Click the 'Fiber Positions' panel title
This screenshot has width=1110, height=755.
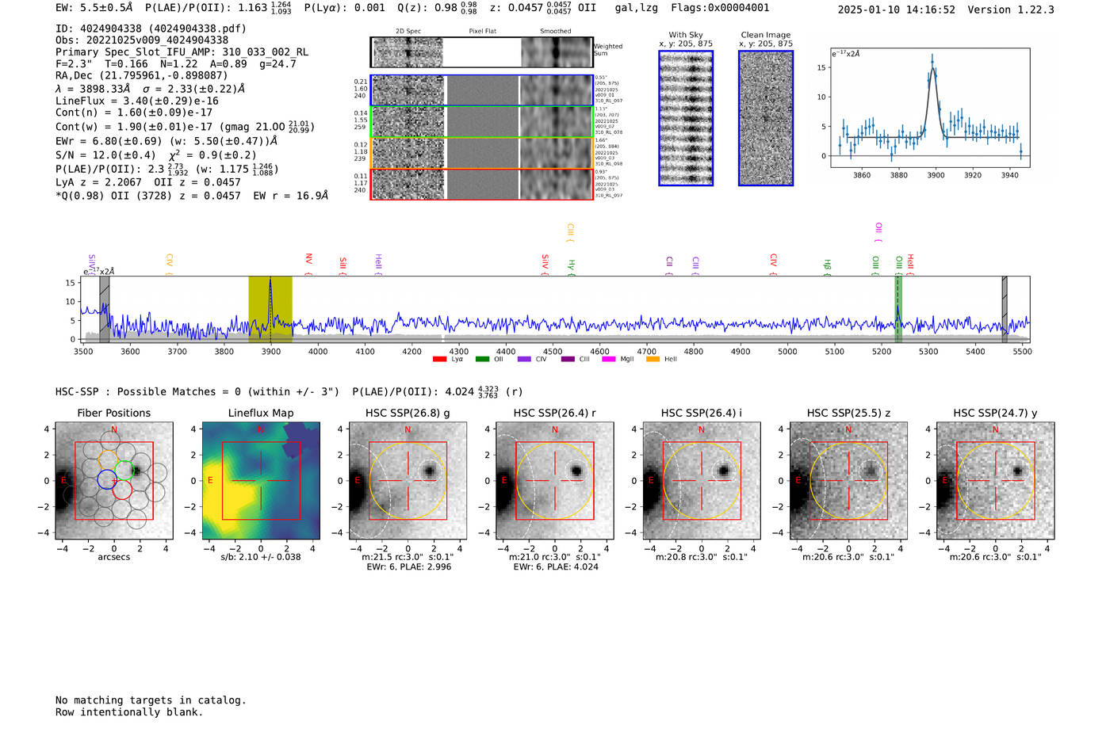113,413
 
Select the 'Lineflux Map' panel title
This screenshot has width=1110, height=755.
260,413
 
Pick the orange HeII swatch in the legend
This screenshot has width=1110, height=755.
653,360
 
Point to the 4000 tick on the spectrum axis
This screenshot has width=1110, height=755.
318,351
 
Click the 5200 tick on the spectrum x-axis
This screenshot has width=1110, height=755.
881,351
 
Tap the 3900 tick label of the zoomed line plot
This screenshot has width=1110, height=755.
936,175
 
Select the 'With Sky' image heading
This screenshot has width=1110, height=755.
685,35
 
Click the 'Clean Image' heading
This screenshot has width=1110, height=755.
765,35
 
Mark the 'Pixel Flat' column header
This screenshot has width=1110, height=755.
482,31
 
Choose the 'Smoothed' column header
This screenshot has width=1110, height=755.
555,31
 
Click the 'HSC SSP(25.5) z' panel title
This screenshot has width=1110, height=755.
848,413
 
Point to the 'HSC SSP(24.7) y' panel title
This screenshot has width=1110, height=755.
995,413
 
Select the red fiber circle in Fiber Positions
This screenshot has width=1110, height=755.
122,490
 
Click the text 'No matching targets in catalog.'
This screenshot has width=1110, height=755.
151,700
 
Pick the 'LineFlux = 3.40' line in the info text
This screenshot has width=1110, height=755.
136,101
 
